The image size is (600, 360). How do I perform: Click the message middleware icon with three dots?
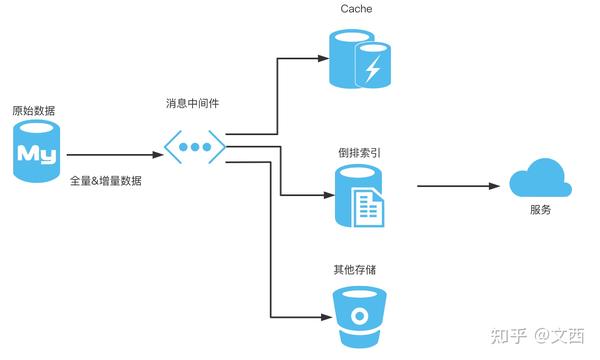point(194,147)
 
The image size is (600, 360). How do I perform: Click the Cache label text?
point(357,10)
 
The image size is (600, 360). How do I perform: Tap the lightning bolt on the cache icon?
point(373,69)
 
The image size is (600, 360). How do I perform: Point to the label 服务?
point(539,211)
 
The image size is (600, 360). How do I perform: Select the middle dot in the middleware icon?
point(194,147)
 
